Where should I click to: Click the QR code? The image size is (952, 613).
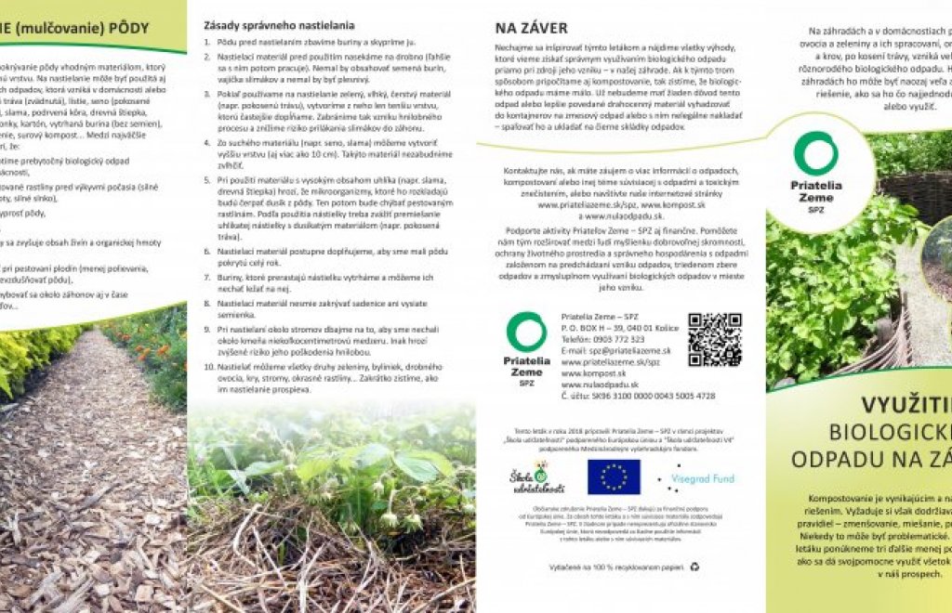coord(714,339)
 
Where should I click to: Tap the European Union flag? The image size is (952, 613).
coord(614,476)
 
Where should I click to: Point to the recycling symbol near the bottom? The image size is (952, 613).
coord(694,566)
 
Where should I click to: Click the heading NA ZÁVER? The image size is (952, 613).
coord(531,29)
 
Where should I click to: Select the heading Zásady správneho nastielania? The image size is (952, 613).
coord(278,25)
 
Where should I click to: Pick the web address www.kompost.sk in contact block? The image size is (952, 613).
coord(594,373)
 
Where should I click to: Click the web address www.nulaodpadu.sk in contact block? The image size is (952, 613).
coord(600,385)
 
